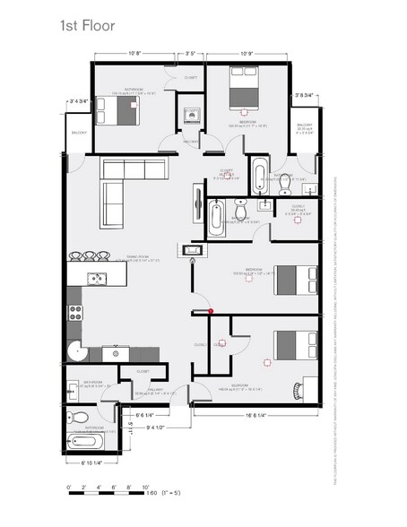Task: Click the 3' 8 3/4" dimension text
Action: pos(307,96)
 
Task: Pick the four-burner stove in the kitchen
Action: pos(75,313)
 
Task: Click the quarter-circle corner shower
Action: pos(77,353)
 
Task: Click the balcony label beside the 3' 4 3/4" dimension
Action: pos(79,134)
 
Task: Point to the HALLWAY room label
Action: pos(154,389)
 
